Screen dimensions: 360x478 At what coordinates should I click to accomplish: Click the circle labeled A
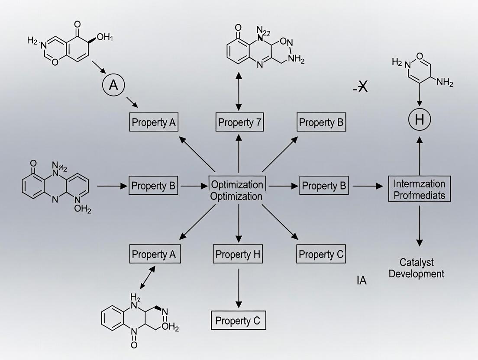(x=113, y=85)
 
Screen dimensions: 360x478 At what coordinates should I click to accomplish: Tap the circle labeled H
(x=419, y=120)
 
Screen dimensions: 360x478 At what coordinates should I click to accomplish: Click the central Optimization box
(x=237, y=190)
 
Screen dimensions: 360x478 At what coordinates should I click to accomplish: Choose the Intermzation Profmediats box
(x=420, y=190)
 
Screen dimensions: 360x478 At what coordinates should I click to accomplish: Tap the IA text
(x=362, y=280)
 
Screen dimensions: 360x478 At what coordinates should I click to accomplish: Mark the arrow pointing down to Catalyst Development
(x=419, y=228)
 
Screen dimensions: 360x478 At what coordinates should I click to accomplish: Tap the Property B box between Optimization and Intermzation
(x=325, y=186)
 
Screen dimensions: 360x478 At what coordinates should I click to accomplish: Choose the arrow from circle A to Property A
(x=132, y=103)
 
